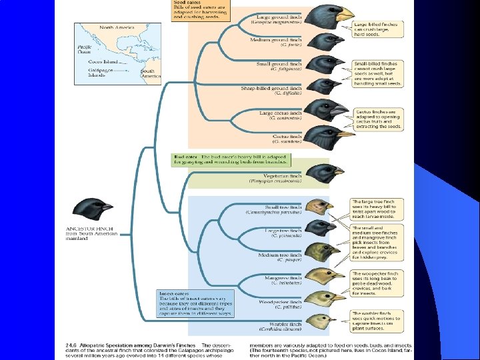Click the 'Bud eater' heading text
(x=184, y=156)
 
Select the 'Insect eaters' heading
(x=173, y=293)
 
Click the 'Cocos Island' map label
(x=102, y=62)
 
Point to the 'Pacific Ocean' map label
(x=84, y=49)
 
